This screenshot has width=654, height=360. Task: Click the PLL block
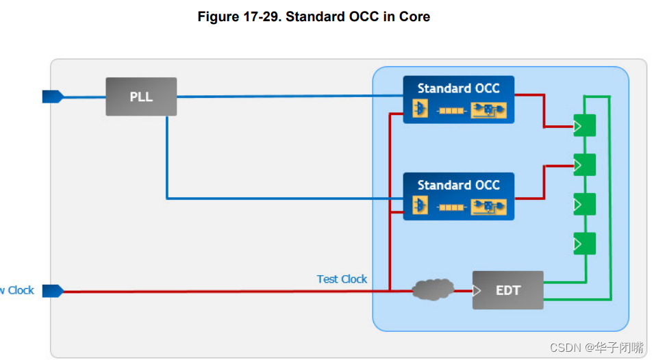coord(141,97)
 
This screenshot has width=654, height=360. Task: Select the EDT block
coord(507,290)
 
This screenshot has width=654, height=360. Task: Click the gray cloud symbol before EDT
coord(433,290)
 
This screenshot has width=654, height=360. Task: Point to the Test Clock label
coord(342,279)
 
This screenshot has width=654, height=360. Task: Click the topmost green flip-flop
coord(584,126)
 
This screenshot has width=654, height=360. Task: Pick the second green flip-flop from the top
coord(584,165)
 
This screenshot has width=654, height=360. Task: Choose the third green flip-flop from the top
coord(584,204)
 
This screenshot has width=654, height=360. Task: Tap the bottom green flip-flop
coord(584,243)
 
